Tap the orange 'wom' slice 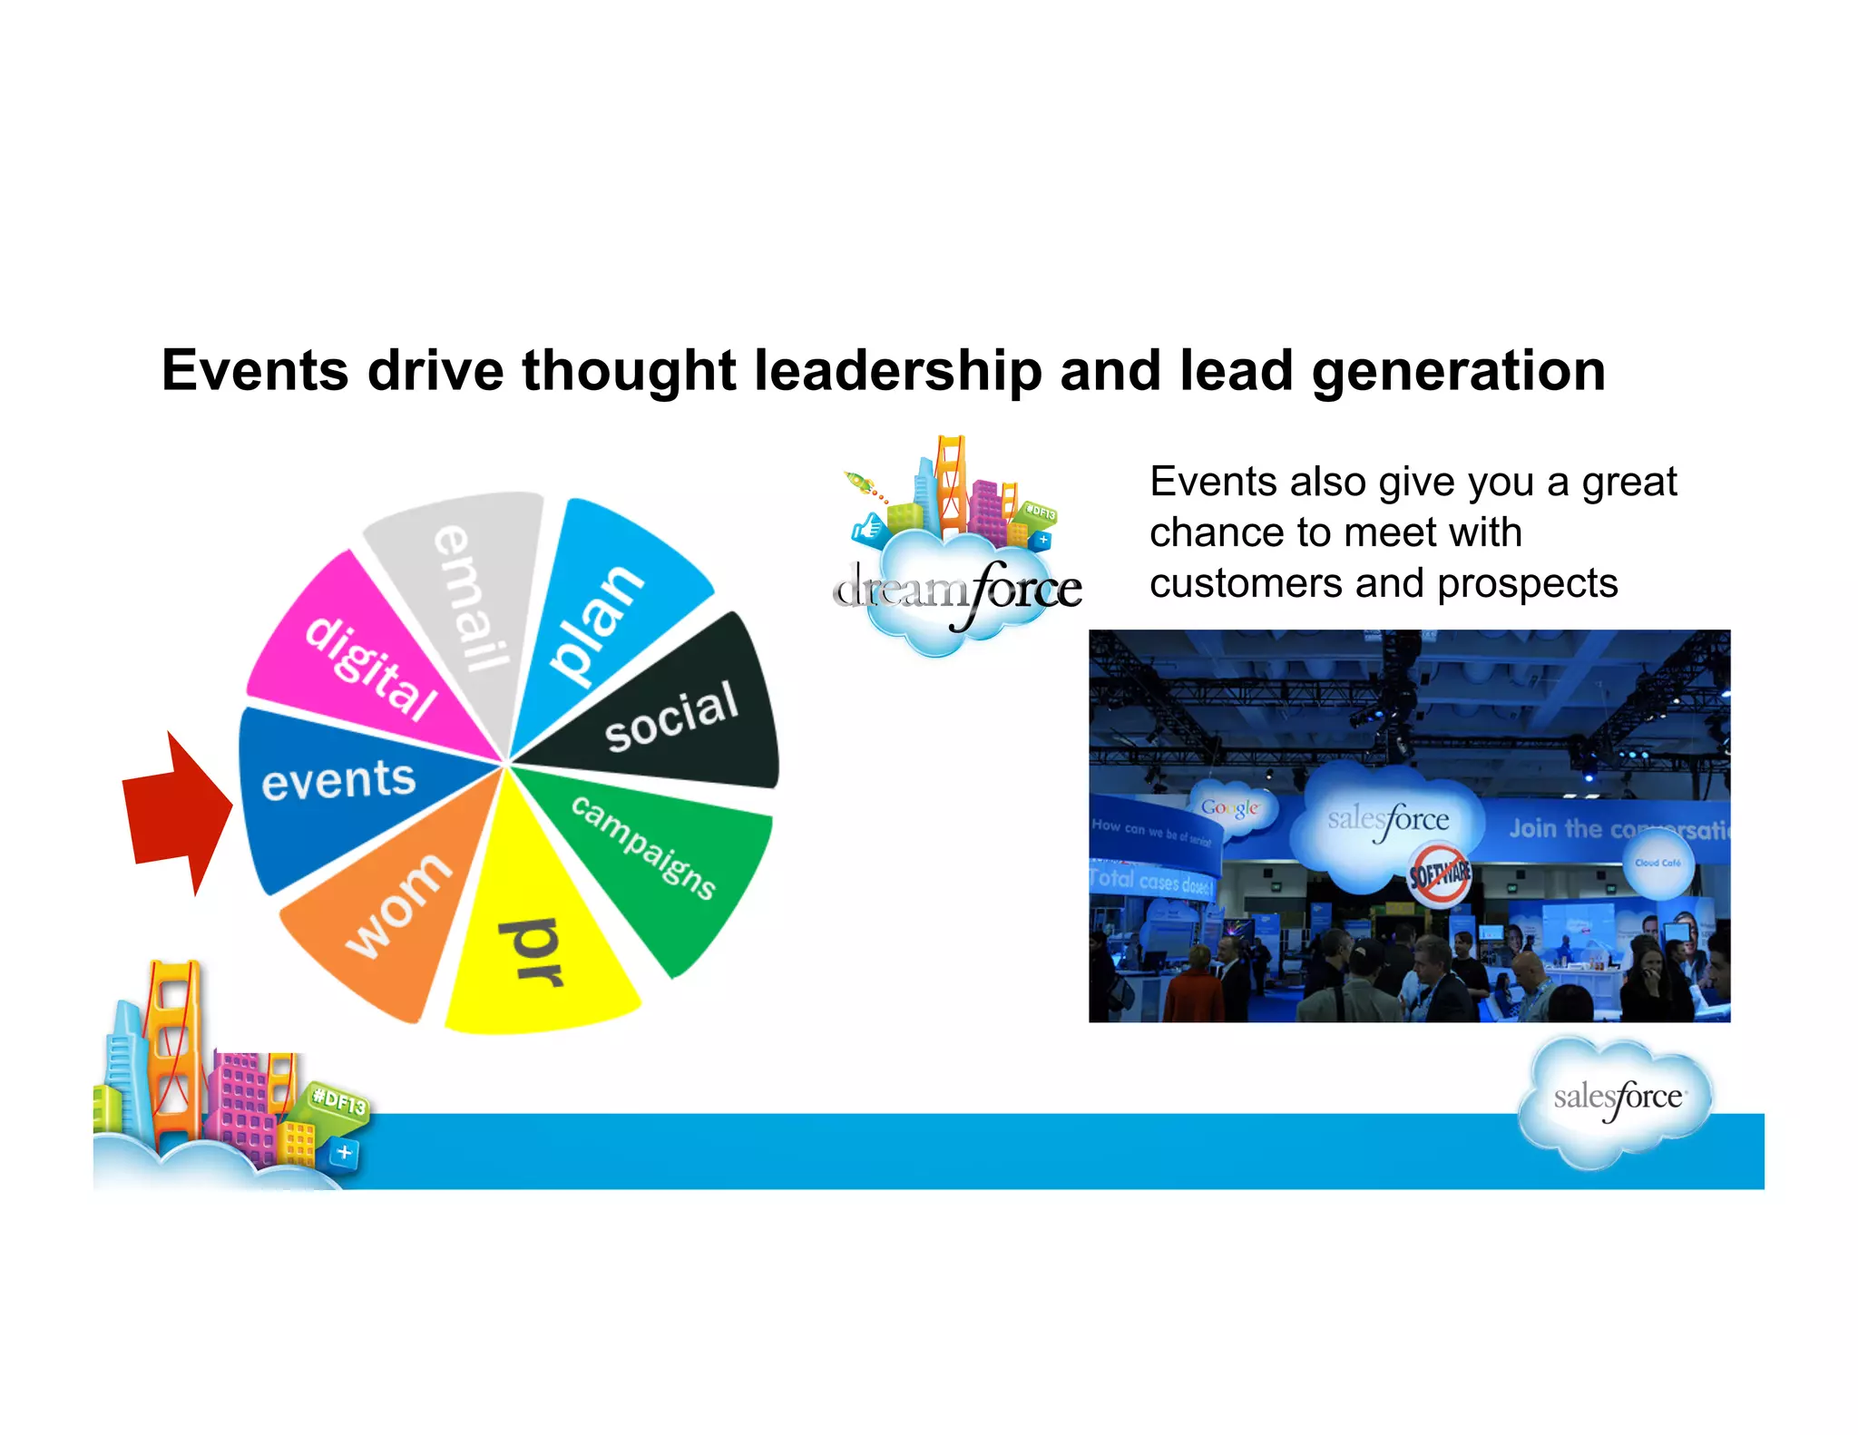tap(390, 916)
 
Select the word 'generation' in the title tap(1458, 371)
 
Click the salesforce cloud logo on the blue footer tap(1617, 1098)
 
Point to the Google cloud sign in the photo tap(1229, 807)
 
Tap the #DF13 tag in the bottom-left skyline tap(338, 1101)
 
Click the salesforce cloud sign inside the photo tap(1388, 820)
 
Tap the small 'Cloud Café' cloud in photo tap(1658, 864)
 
